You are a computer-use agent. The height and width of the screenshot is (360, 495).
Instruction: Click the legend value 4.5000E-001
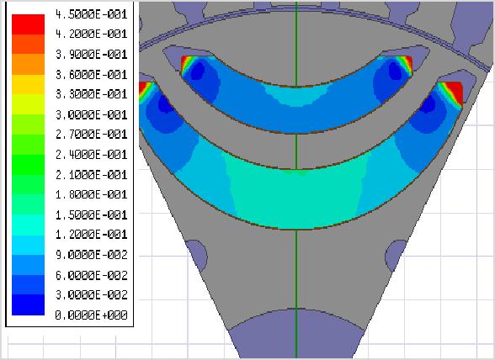point(91,14)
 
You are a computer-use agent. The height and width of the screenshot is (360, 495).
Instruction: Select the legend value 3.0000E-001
point(91,114)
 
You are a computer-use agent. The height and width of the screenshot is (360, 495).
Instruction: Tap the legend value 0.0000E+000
point(91,315)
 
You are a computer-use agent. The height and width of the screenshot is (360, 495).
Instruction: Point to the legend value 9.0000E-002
point(91,255)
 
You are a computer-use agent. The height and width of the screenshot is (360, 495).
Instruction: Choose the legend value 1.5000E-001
point(91,214)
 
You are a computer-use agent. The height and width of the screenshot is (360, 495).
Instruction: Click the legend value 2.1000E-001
point(91,174)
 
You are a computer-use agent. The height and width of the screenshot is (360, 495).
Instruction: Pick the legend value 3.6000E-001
point(91,75)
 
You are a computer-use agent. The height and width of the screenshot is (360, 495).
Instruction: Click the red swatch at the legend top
point(28,24)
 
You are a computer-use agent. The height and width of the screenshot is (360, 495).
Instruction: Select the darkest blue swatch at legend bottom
point(28,304)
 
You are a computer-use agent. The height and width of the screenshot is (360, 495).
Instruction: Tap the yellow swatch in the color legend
point(28,84)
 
